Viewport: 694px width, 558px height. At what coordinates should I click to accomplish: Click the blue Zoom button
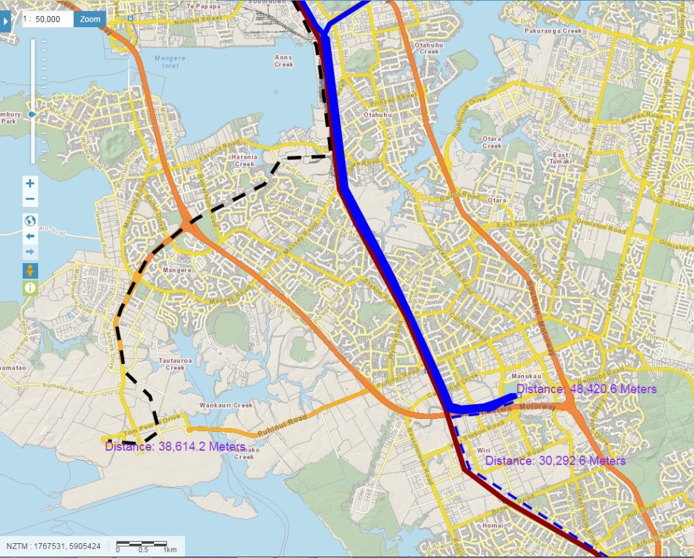tap(90, 19)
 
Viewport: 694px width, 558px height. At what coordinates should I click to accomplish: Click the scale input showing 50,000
tap(49, 19)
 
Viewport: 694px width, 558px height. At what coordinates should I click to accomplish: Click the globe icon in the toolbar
tap(30, 220)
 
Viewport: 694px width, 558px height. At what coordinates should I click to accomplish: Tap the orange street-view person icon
tap(30, 271)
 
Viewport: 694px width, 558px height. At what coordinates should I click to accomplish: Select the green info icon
tap(30, 288)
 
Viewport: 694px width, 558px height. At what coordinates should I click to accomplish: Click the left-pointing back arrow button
tap(30, 237)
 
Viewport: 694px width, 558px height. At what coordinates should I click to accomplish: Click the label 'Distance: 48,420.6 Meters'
tap(586, 389)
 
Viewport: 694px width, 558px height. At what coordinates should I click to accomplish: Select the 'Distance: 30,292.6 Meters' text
tap(555, 460)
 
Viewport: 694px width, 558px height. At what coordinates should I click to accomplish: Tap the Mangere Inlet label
tap(169, 62)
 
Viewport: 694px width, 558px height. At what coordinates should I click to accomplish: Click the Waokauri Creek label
tap(226, 405)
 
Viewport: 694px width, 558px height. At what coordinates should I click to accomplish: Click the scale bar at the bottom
tap(142, 544)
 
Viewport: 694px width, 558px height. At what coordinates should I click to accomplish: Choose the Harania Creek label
tap(243, 160)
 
